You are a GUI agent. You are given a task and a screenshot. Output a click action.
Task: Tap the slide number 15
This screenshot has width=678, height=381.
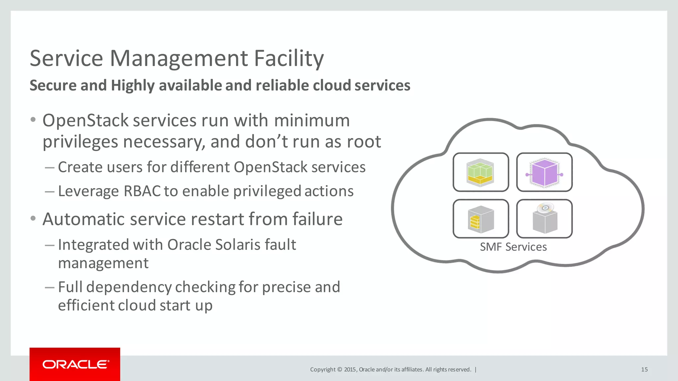click(x=644, y=369)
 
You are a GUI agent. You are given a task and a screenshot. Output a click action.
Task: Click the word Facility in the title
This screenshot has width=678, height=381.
click(x=289, y=59)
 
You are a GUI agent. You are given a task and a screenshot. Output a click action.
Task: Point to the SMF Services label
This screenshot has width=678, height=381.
click(x=513, y=247)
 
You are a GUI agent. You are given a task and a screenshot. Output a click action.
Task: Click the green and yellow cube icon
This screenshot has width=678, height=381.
click(x=480, y=172)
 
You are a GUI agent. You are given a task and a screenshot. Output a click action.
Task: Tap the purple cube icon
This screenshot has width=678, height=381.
click(x=544, y=172)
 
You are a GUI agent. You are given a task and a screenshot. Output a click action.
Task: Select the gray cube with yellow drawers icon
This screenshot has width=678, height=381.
click(x=480, y=219)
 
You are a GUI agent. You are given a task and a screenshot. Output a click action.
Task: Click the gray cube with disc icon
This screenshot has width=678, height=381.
click(x=544, y=219)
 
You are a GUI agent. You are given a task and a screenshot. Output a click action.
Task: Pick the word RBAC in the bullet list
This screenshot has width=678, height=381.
click(x=142, y=191)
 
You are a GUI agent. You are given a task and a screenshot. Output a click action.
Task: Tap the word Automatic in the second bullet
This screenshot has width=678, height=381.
click(x=83, y=219)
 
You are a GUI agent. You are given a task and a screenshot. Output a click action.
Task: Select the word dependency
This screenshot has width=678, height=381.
click(x=129, y=287)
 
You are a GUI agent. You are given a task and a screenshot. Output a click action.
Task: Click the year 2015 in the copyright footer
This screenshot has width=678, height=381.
click(x=350, y=369)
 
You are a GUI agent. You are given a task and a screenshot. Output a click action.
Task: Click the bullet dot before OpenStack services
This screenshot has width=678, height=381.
click(x=33, y=120)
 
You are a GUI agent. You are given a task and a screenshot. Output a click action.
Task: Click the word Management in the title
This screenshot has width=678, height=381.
click(x=179, y=59)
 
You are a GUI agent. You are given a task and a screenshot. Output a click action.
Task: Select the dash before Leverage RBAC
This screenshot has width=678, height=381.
click(x=49, y=191)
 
